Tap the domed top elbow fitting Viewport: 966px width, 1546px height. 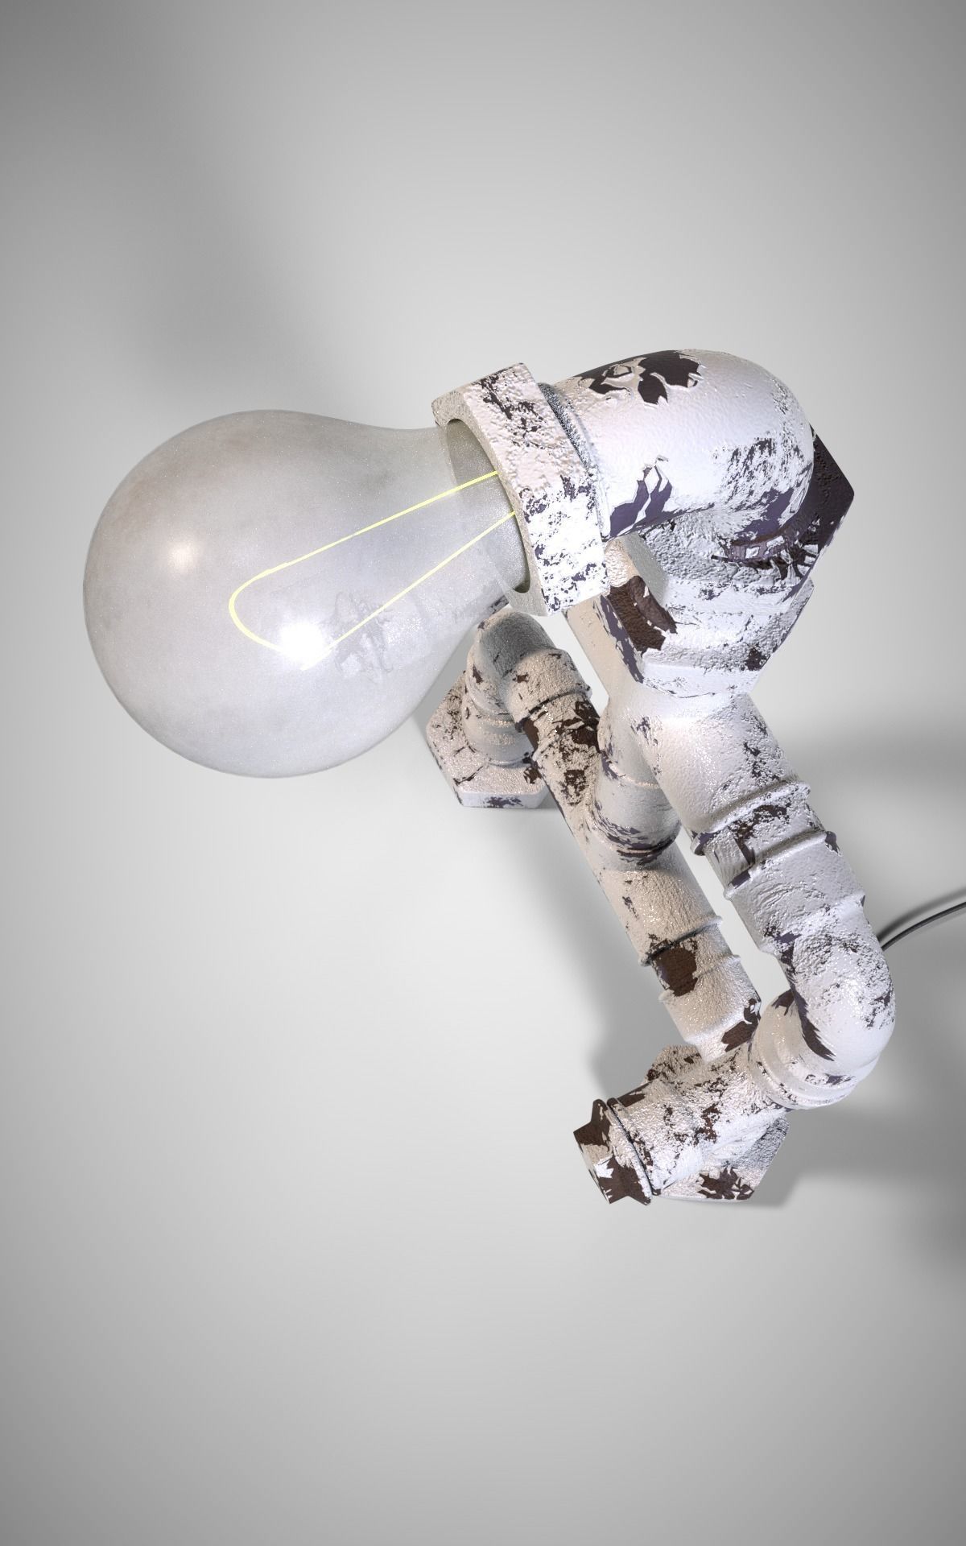[724, 451]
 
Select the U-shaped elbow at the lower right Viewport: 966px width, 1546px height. [837, 1015]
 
